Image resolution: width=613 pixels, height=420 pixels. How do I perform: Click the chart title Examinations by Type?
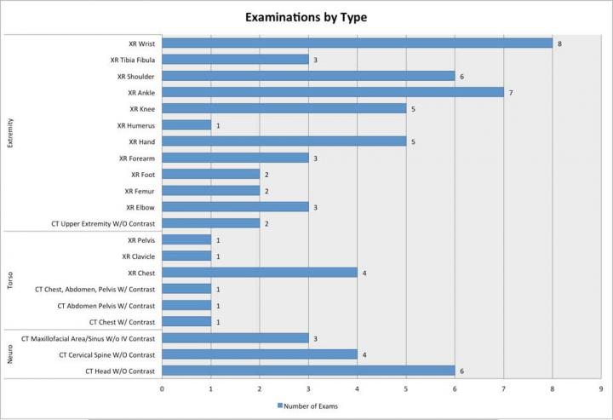click(306, 16)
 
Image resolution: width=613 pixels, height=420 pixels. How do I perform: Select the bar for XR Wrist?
click(357, 43)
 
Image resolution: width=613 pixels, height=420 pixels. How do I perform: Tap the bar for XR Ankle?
click(332, 92)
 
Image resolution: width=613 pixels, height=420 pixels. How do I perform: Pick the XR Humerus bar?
click(186, 125)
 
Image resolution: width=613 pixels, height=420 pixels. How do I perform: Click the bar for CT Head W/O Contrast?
click(308, 371)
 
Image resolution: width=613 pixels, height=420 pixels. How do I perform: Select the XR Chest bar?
click(260, 273)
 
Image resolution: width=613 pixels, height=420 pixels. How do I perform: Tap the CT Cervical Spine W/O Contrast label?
click(106, 354)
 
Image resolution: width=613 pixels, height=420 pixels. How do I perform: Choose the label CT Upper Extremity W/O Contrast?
click(103, 224)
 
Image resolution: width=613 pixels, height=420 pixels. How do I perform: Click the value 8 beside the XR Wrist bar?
click(559, 43)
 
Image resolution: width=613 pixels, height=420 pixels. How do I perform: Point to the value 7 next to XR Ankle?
click(510, 92)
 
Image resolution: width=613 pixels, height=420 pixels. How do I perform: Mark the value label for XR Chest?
click(364, 273)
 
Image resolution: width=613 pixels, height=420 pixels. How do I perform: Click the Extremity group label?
click(10, 133)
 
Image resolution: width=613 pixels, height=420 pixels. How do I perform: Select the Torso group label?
click(10, 280)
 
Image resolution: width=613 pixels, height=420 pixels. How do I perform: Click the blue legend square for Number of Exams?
click(279, 406)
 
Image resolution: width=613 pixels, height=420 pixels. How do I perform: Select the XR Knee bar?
click(284, 109)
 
